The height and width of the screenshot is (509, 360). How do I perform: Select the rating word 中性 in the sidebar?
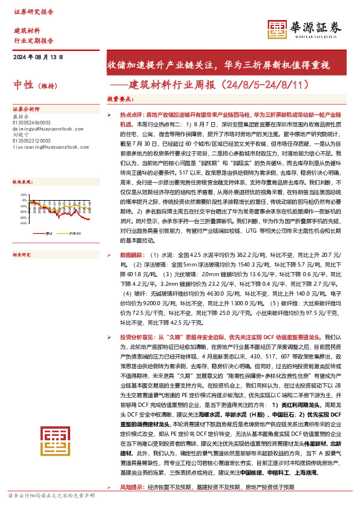coord(22,86)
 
